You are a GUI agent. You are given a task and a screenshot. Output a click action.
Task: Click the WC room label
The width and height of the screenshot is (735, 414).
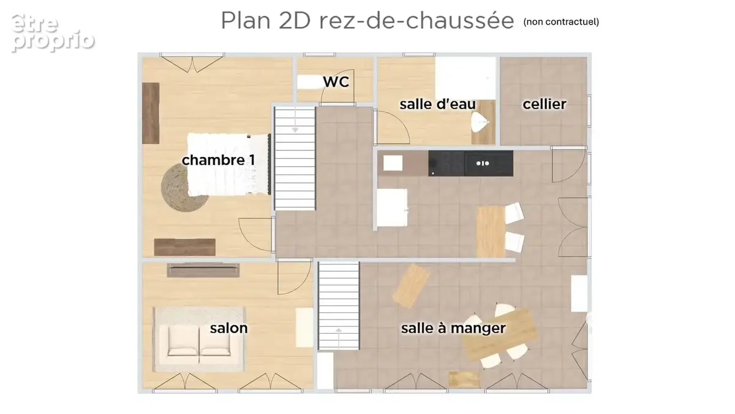pyautogui.click(x=336, y=82)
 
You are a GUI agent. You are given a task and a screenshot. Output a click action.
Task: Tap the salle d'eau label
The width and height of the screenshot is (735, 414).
pyautogui.click(x=437, y=104)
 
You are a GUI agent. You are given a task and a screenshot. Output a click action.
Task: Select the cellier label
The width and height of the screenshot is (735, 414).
pyautogui.click(x=545, y=104)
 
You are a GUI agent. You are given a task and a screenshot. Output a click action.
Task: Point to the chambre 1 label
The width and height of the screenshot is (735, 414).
pyautogui.click(x=218, y=160)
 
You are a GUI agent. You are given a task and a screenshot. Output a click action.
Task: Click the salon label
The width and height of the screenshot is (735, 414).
pyautogui.click(x=228, y=328)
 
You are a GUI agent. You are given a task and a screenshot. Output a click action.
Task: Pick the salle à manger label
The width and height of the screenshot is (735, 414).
pyautogui.click(x=453, y=328)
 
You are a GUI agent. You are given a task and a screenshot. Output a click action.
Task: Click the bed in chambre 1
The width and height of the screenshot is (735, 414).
pyautogui.click(x=228, y=164)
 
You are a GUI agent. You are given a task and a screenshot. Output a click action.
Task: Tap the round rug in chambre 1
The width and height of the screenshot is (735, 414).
pyautogui.click(x=184, y=188)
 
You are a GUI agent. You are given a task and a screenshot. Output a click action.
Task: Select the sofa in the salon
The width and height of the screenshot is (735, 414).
pyautogui.click(x=199, y=340)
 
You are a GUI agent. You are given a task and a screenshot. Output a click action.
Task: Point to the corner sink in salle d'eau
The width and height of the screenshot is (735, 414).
pyautogui.click(x=480, y=122)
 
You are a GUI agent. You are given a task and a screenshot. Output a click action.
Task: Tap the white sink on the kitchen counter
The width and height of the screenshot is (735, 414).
pyautogui.click(x=393, y=163)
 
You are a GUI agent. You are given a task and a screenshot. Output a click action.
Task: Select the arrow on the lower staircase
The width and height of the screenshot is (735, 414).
pyautogui.click(x=339, y=338)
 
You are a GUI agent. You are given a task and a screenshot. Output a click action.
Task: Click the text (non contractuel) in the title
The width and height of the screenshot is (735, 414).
pyautogui.click(x=561, y=21)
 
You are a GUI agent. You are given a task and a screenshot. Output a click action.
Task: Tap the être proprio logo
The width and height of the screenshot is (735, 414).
pyautogui.click(x=53, y=33)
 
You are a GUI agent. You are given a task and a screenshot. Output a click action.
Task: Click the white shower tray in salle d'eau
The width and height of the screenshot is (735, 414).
pyautogui.click(x=466, y=79)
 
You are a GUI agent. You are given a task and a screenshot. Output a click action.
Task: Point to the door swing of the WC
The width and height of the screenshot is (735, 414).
pyautogui.click(x=337, y=86)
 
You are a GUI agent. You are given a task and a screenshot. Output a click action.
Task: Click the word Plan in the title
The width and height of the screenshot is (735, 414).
pyautogui.click(x=246, y=20)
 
